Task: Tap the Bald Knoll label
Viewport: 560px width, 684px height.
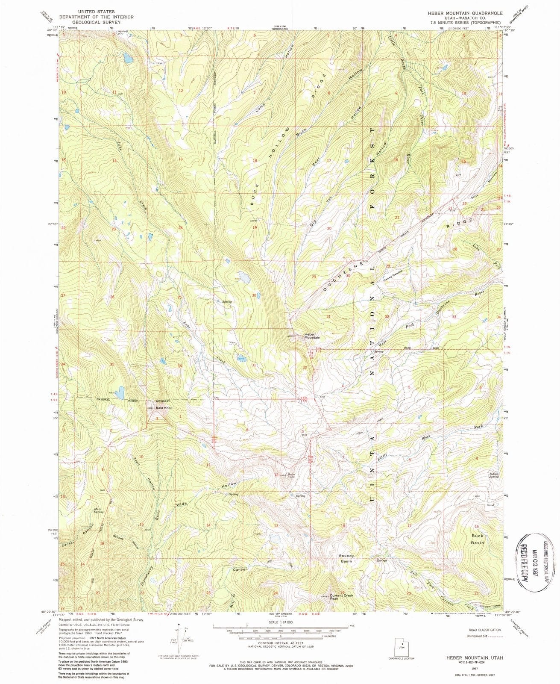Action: click(x=164, y=408)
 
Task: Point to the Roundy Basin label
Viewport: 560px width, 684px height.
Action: click(x=346, y=558)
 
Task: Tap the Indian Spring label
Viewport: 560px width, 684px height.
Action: click(x=494, y=475)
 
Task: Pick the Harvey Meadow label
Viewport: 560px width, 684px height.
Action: click(x=393, y=277)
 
